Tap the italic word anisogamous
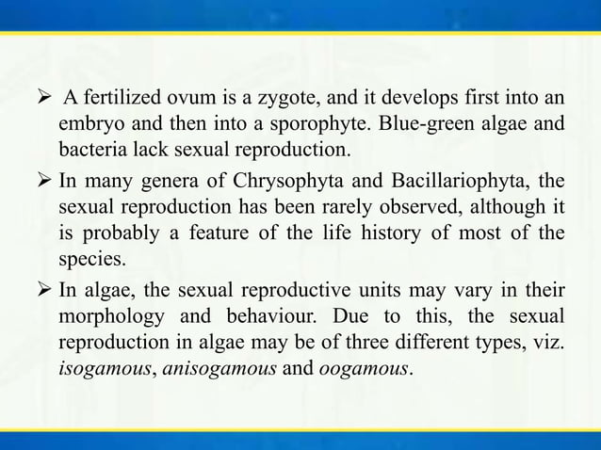coord(213,367)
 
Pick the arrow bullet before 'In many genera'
coord(42,180)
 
